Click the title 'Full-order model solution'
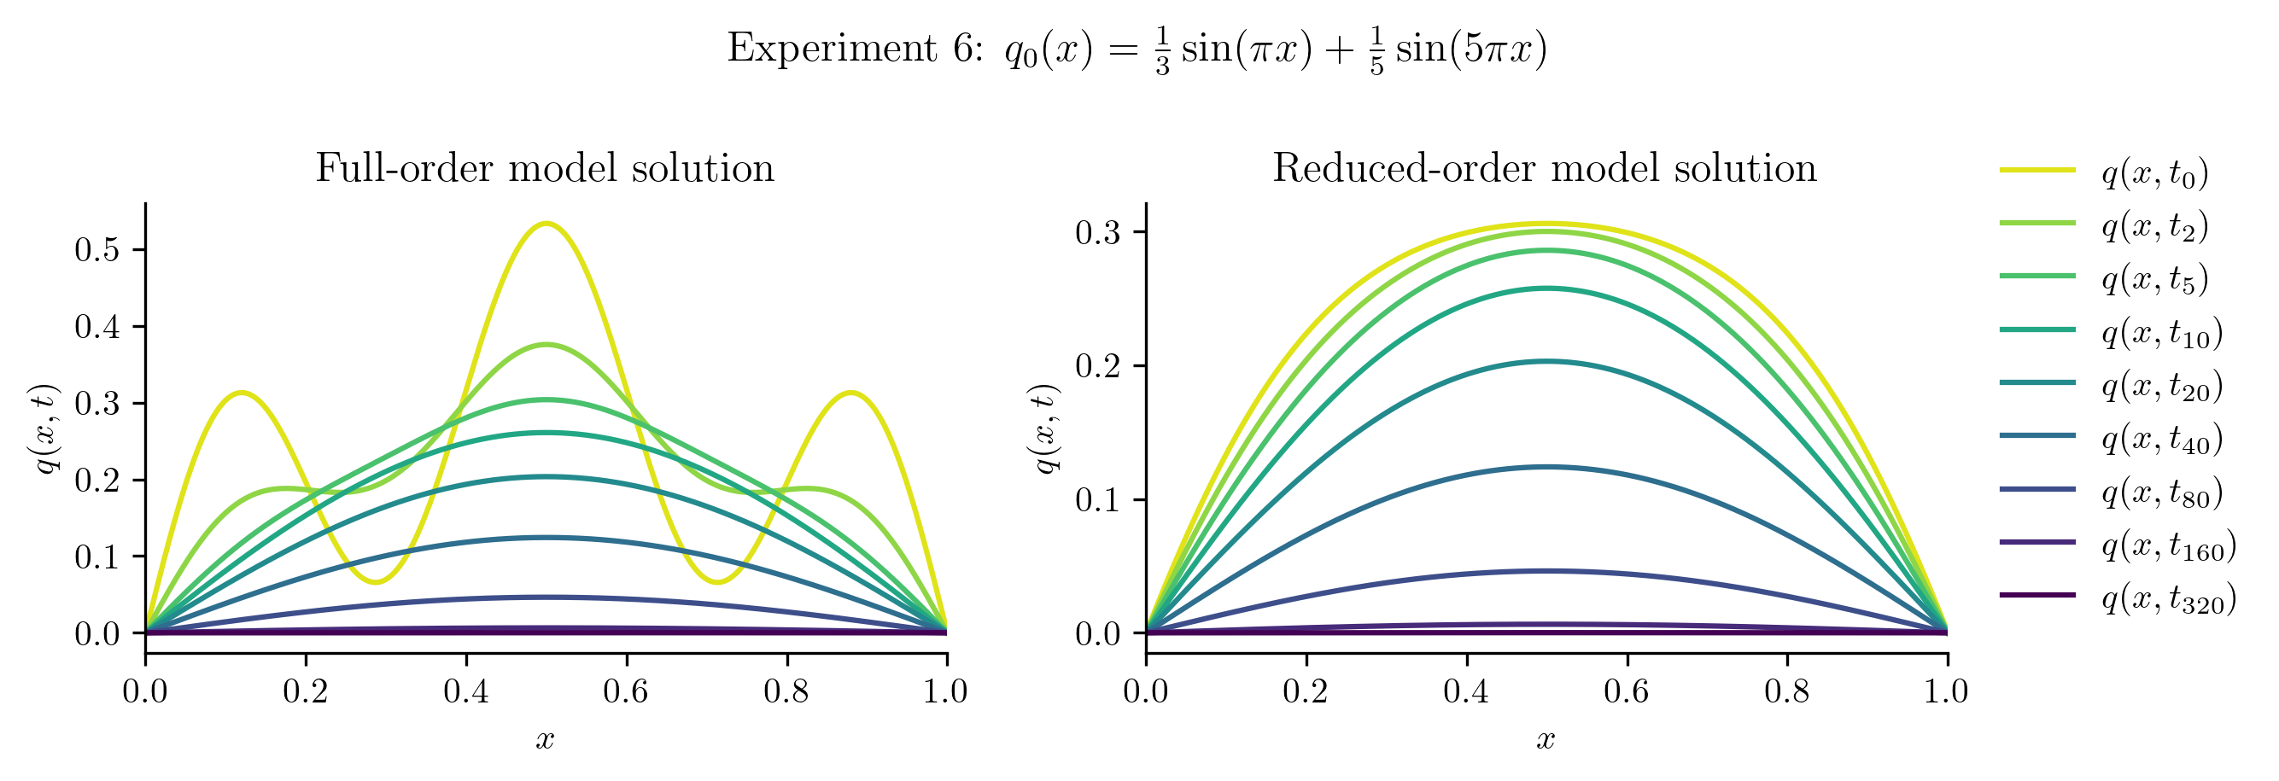(545, 168)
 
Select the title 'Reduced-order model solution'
(1545, 168)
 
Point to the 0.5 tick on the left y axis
(97, 250)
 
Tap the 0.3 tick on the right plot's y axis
(1098, 233)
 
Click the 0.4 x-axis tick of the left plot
(466, 691)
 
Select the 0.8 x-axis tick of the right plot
(1786, 691)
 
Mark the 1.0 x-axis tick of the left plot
(946, 691)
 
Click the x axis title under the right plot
(1546, 739)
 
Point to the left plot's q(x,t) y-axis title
(46, 428)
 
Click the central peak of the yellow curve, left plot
(546, 224)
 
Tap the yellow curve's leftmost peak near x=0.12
(242, 393)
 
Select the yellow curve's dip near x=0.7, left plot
(716, 582)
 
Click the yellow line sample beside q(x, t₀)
(2037, 170)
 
